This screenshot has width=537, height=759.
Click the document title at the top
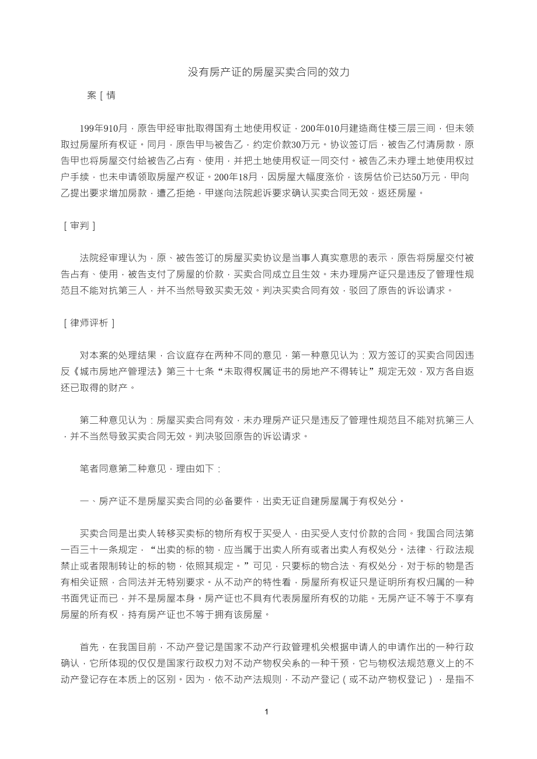(268, 72)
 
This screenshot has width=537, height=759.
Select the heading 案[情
(101, 96)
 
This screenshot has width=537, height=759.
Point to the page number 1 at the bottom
(266, 712)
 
